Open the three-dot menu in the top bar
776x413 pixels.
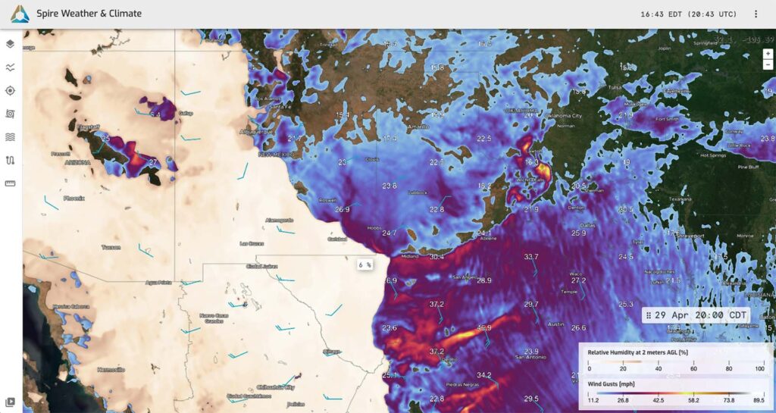coord(756,14)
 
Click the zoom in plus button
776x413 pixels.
coord(768,54)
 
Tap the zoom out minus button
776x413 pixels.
coord(768,64)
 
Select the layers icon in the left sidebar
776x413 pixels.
coord(10,44)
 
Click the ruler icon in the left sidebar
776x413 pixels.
coord(10,183)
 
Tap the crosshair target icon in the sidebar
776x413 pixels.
coord(10,90)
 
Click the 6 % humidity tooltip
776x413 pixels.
coord(365,265)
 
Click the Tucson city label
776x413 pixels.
coord(111,248)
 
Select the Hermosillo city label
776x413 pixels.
coord(111,370)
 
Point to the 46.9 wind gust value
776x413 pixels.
coord(483,328)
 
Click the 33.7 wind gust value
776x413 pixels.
coord(530,257)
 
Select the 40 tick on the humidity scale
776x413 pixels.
coord(659,369)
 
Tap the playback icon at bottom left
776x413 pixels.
coord(10,402)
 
